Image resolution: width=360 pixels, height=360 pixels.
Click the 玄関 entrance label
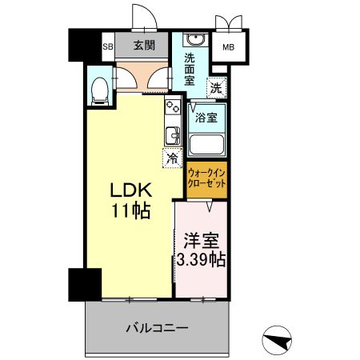pos(144,46)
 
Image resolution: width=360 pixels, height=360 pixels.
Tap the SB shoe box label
pos(107,46)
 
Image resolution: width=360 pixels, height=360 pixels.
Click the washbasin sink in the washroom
pos(194,42)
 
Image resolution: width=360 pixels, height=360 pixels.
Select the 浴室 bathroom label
pos(206,118)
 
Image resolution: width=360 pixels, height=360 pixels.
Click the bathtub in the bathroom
pos(206,146)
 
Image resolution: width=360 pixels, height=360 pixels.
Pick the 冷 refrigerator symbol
pos(171,158)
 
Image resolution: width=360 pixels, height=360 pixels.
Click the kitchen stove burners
pos(170,107)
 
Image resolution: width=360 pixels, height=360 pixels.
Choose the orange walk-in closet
pos(206,178)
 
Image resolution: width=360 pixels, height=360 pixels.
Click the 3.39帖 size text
pos(201,260)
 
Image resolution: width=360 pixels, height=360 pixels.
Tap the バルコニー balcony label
pos(157,328)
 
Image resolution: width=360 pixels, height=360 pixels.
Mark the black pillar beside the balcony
pos(83,284)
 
